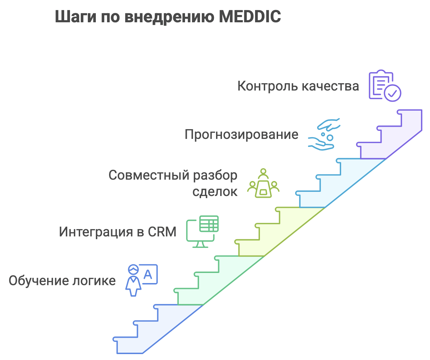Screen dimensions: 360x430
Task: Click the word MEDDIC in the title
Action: [x=249, y=17]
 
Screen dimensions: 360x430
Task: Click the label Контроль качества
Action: [x=298, y=86]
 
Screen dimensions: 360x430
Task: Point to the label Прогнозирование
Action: [x=241, y=134]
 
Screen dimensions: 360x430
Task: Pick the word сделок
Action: [x=215, y=191]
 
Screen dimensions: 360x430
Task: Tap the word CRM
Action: [x=162, y=232]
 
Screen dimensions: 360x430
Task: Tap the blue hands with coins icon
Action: [x=324, y=134]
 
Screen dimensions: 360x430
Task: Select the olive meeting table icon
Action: [x=263, y=183]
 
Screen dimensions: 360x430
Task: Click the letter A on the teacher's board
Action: [x=148, y=275]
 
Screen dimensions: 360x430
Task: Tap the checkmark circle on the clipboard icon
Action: [x=392, y=93]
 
